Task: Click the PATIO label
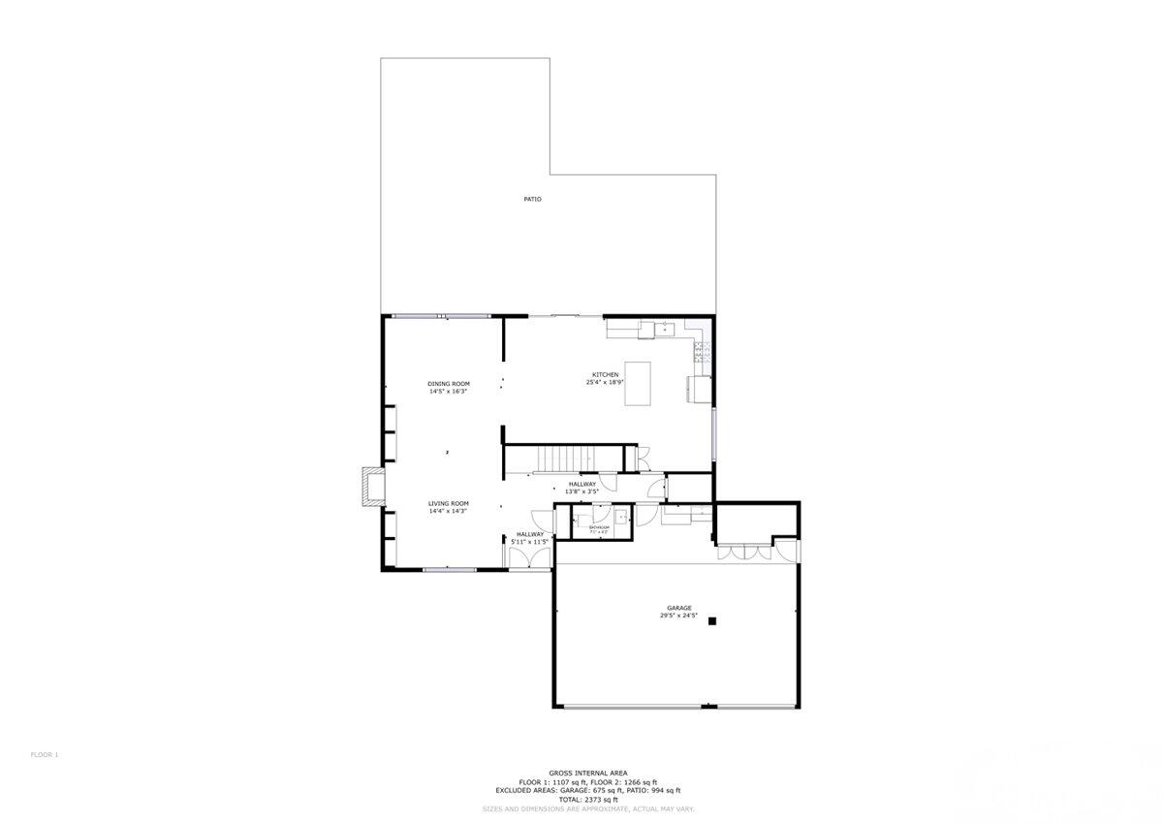(x=532, y=199)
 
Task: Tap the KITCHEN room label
(x=606, y=375)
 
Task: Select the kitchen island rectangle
(x=638, y=384)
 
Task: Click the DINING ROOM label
(x=449, y=384)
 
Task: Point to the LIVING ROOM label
(x=449, y=503)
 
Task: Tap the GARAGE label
(x=678, y=608)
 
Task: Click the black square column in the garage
(x=711, y=621)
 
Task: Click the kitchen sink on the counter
(x=665, y=330)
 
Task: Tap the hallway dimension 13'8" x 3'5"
(x=582, y=491)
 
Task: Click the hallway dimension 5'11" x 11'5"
(x=530, y=541)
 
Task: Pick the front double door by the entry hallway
(x=530, y=558)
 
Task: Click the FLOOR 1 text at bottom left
(x=45, y=754)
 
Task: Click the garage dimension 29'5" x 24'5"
(x=678, y=616)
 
